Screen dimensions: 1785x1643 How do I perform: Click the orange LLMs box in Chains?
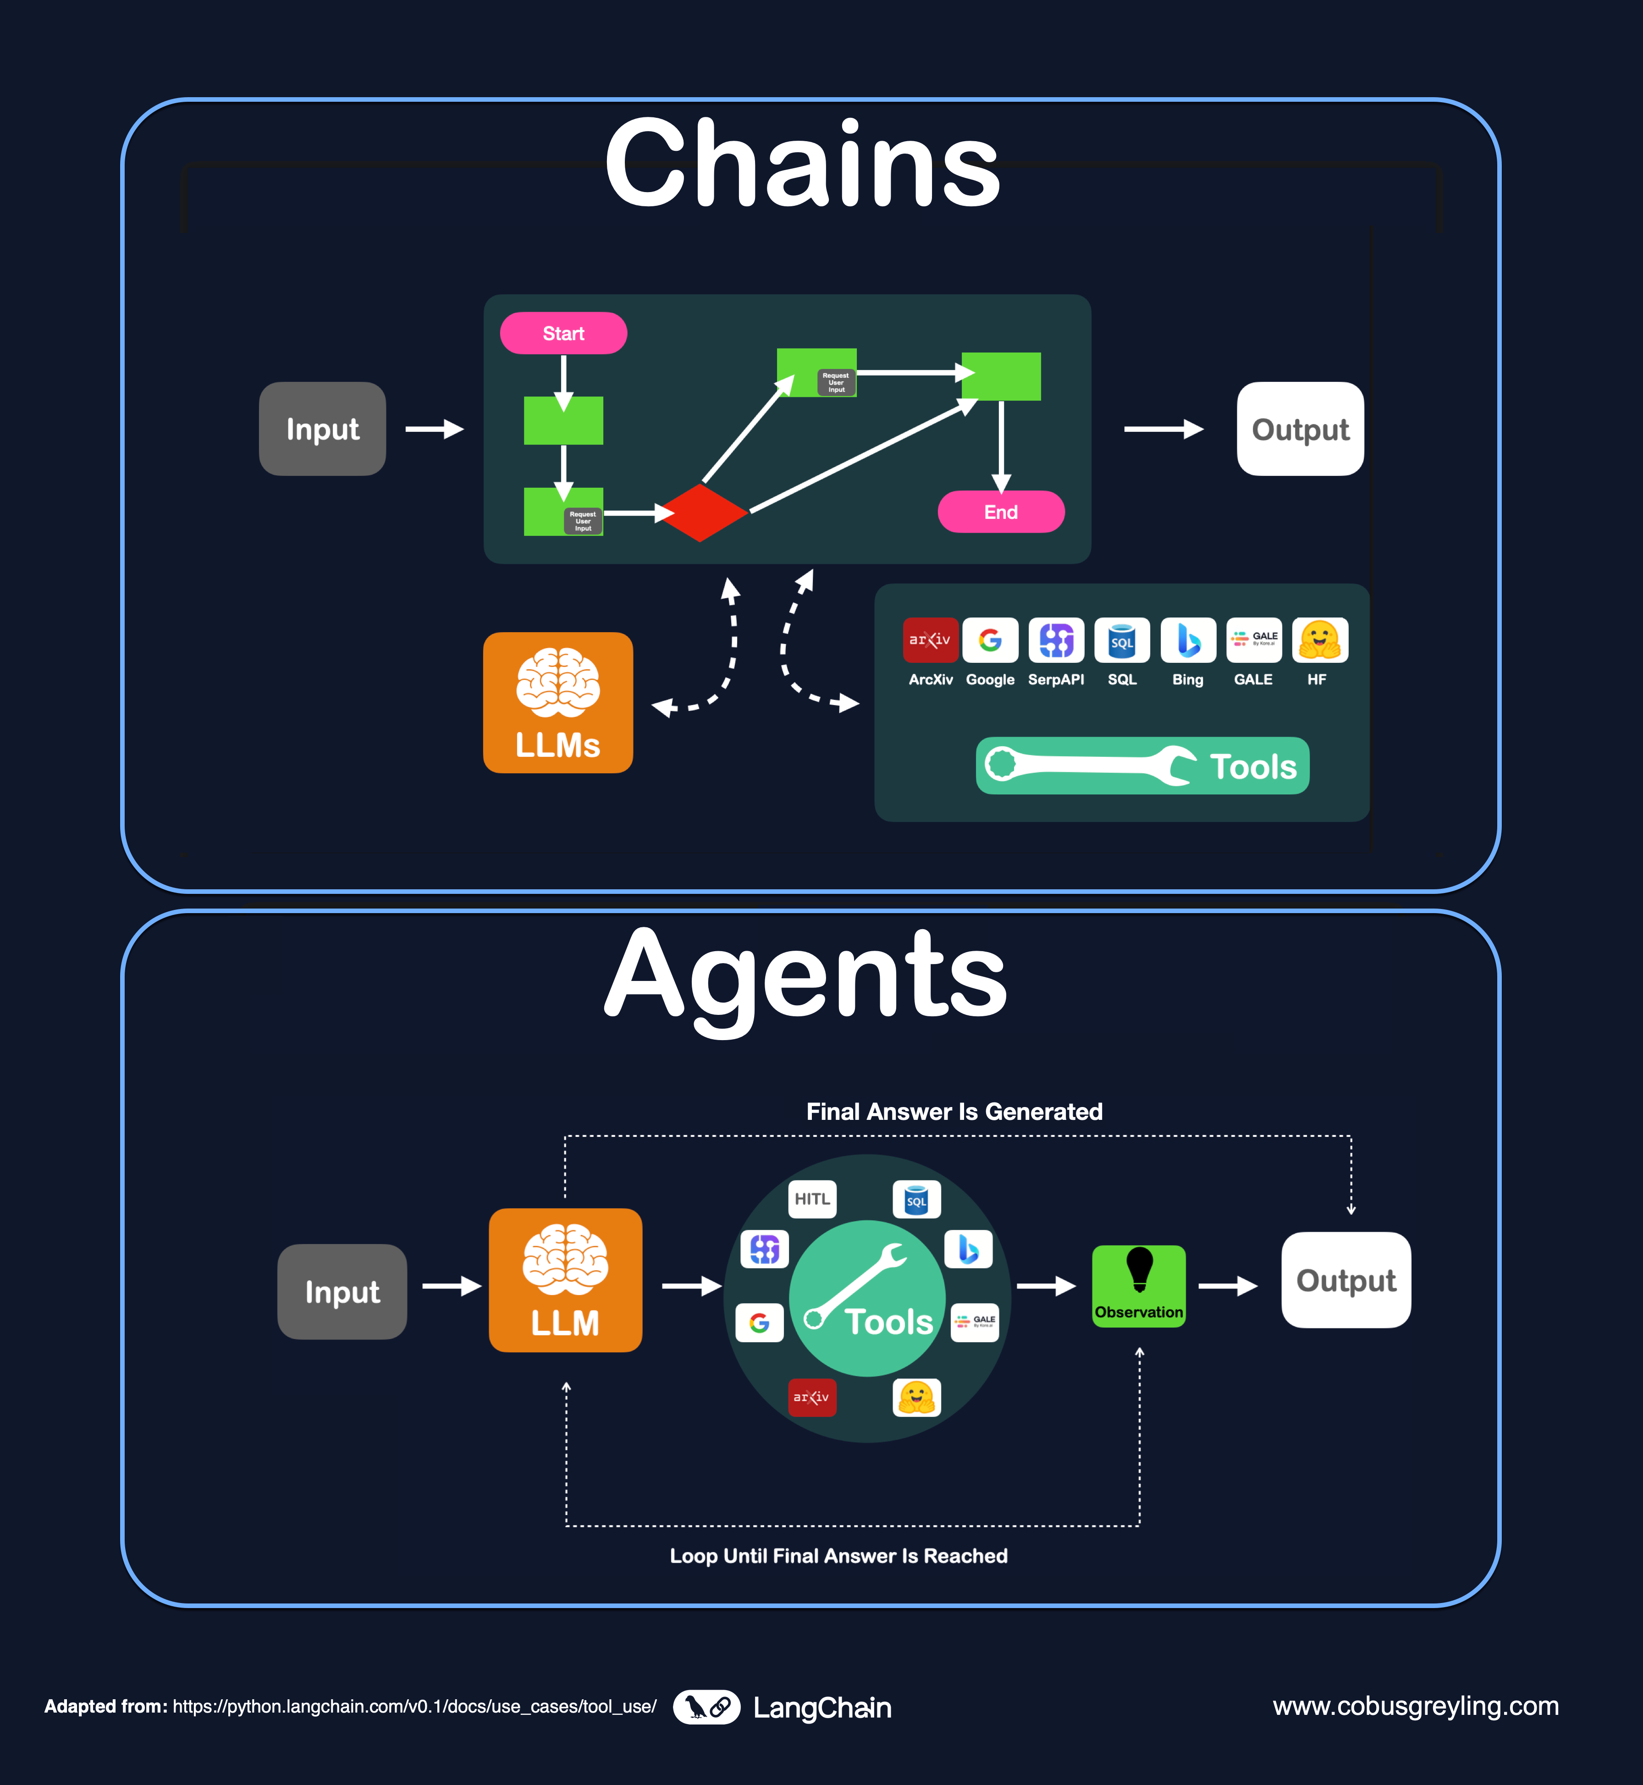[x=557, y=702]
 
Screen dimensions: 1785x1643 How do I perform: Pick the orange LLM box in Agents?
[x=565, y=1280]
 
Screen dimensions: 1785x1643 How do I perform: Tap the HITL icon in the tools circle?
[x=812, y=1199]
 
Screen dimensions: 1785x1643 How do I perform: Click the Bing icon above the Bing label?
[x=1188, y=640]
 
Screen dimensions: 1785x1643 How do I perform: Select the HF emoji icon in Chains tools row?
[x=1319, y=640]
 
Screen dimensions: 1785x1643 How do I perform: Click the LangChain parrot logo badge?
[x=707, y=1707]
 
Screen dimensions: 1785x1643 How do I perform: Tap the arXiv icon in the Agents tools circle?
[x=812, y=1397]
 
